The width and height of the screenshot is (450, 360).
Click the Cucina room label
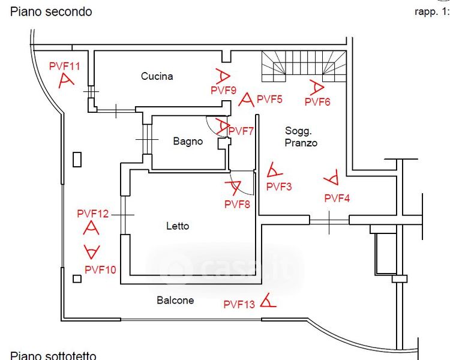click(157, 76)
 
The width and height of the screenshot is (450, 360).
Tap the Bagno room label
click(188, 142)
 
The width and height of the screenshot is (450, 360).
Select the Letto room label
click(178, 226)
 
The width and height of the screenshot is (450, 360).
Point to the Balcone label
click(175, 300)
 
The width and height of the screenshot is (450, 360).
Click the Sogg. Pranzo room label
click(301, 137)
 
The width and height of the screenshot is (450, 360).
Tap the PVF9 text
click(223, 90)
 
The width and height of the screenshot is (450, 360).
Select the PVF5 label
click(269, 99)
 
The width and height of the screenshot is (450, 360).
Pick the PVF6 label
click(317, 102)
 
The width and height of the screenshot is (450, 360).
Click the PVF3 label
click(279, 187)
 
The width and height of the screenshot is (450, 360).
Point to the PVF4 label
click(337, 198)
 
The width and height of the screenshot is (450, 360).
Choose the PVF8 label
click(237, 204)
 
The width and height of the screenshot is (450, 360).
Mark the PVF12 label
click(93, 213)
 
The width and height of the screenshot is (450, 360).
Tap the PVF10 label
click(101, 269)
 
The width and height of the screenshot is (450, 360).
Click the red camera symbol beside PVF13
click(268, 301)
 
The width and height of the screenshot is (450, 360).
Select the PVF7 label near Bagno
click(242, 131)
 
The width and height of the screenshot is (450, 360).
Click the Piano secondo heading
click(51, 11)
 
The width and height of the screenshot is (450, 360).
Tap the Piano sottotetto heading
click(53, 355)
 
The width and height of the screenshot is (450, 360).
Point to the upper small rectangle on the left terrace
click(77, 159)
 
